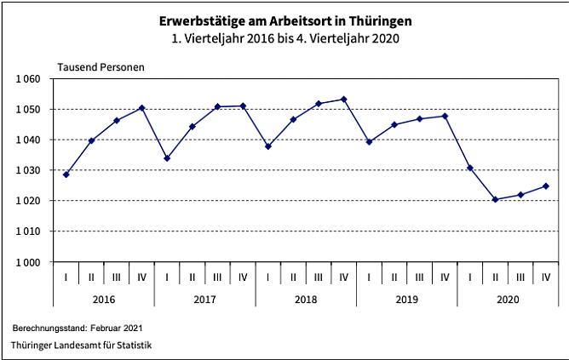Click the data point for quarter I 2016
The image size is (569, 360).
pos(66,174)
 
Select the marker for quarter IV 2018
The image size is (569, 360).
pos(343,100)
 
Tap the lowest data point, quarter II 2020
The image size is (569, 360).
pos(496,199)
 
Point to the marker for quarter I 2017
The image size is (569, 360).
pos(167,158)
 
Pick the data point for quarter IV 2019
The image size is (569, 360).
pos(445,116)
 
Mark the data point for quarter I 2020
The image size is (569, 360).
pos(470,168)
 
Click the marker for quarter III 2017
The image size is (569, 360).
pos(217,106)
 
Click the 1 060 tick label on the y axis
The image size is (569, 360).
pos(29,79)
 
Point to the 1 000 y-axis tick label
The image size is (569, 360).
pos(29,261)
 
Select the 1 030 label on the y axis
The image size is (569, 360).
pos(29,170)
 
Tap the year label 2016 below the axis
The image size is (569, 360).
pos(104,300)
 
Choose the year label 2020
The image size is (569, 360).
pos(508,300)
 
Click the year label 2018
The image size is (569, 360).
pos(306,300)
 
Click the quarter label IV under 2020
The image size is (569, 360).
pos(546,277)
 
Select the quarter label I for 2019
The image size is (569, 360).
pos(369,277)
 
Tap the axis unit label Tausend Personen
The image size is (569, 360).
pos(101,66)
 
